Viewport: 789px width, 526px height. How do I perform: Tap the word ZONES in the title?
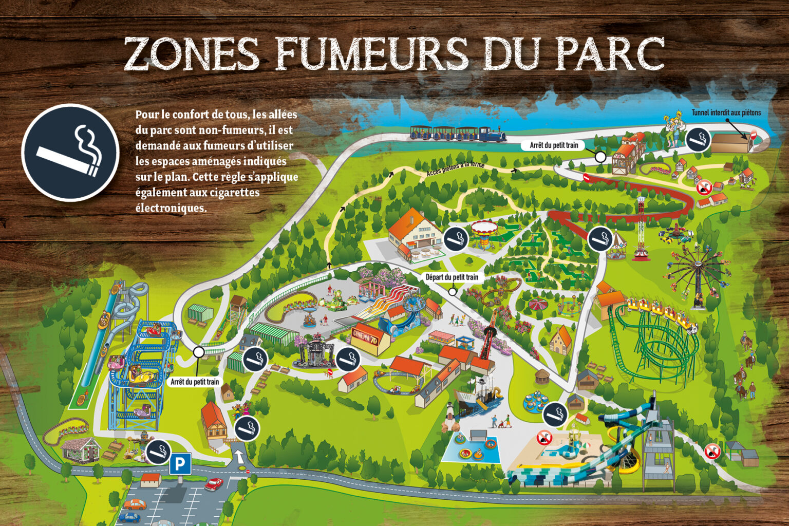(193, 53)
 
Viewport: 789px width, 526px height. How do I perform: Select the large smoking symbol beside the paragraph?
(70, 153)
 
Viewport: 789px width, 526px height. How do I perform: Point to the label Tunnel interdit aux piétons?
(726, 113)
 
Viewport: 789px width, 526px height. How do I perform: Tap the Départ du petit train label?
(452, 277)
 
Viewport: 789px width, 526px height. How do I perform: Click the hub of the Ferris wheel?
(699, 266)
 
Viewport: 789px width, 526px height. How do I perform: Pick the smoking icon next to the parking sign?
(158, 452)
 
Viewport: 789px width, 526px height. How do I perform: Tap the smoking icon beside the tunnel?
(698, 139)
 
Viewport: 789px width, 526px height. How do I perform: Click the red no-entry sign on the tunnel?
(754, 135)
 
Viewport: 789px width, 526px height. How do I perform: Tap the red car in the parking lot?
(213, 484)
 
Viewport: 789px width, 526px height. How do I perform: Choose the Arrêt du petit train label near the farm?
(554, 145)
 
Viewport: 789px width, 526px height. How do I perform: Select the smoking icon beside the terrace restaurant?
(456, 238)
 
